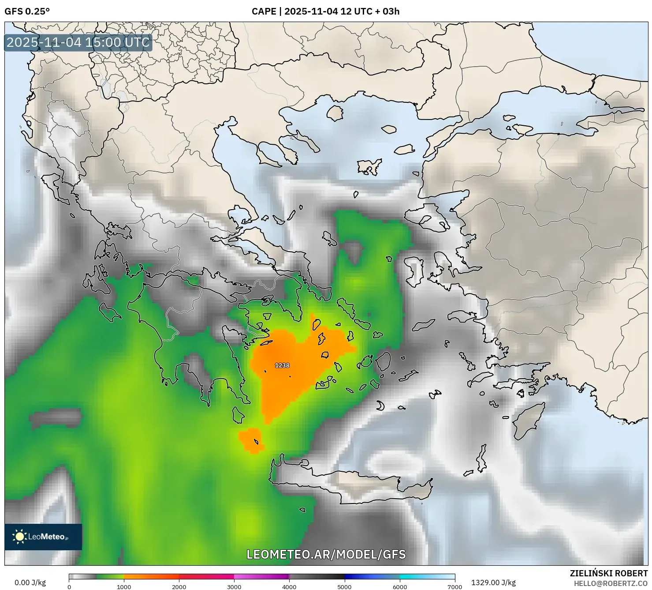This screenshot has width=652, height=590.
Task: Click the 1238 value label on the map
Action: [282, 365]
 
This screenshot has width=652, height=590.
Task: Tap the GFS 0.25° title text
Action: [27, 11]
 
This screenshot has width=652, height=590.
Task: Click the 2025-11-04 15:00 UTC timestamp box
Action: [78, 43]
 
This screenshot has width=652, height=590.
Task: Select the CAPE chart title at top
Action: [325, 11]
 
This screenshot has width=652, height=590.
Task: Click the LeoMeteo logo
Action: [43, 537]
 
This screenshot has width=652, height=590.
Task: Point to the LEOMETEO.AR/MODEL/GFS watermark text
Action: [326, 554]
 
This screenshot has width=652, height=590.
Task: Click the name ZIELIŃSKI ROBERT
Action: [608, 573]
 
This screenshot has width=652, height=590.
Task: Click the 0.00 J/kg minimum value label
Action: [30, 582]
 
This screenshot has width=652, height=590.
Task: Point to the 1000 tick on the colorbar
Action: [124, 587]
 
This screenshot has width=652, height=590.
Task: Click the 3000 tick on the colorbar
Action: [234, 587]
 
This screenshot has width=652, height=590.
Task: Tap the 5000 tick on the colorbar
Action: [344, 587]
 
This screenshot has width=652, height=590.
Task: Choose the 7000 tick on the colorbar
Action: [455, 587]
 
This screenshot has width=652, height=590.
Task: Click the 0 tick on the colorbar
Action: [69, 587]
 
